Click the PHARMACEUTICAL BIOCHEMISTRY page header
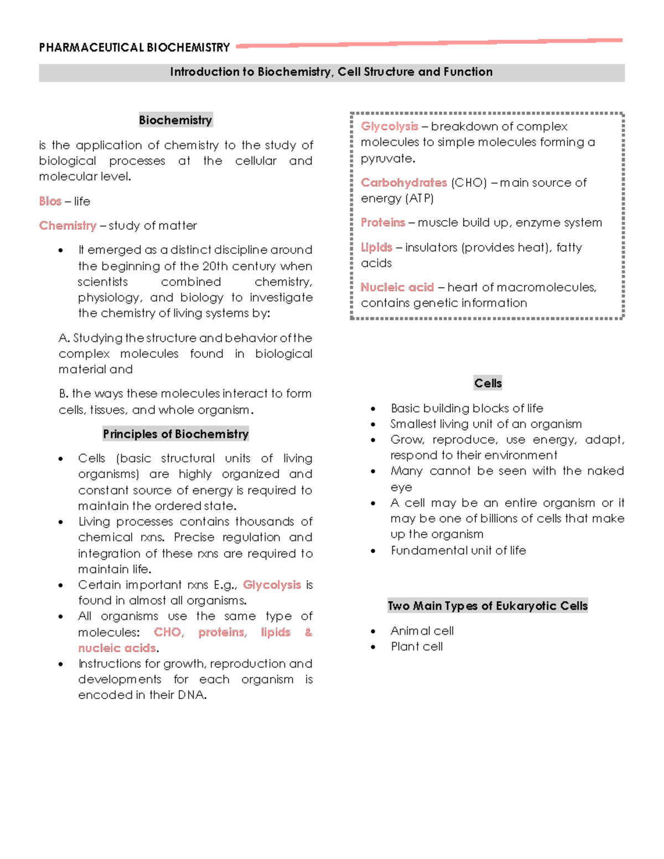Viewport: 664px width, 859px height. coord(134,48)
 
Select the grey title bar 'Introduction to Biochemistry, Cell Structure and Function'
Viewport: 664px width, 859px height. coord(331,72)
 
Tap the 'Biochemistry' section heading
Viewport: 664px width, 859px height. coord(175,120)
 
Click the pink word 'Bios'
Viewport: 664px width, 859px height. coord(50,201)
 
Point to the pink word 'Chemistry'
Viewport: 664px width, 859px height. coord(68,226)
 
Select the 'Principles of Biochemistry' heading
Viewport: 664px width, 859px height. coord(175,434)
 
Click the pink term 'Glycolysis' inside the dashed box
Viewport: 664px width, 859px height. coord(389,127)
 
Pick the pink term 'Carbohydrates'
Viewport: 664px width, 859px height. coord(403,183)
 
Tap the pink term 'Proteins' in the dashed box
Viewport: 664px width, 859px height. coord(383,222)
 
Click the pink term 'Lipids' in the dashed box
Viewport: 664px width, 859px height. coord(376,247)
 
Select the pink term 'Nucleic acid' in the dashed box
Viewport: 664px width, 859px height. coord(397,287)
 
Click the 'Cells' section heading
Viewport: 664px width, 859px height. coord(487,383)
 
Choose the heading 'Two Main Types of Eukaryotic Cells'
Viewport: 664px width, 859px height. coord(487,606)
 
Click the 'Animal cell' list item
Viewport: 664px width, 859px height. coord(422,631)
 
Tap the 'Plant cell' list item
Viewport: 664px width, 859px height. coord(416,647)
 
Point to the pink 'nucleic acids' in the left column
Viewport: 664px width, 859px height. coord(117,648)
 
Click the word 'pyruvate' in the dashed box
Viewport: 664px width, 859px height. coord(387,159)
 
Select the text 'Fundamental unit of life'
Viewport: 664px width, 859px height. coord(458,550)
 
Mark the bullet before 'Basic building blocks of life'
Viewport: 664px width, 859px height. coord(373,409)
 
